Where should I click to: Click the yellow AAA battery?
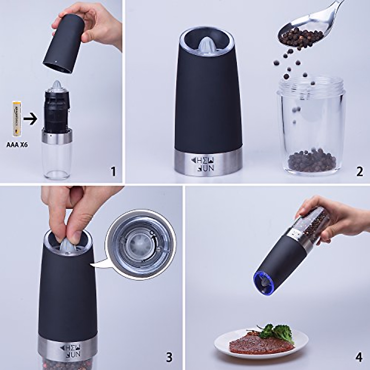point(16,118)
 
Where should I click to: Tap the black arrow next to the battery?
point(30,119)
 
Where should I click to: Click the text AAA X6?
point(17,144)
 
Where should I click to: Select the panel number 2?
point(360,171)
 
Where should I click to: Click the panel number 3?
point(169,357)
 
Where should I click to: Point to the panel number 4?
point(359,357)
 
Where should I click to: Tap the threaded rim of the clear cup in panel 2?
point(311,85)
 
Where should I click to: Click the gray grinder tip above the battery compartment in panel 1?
point(57,85)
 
